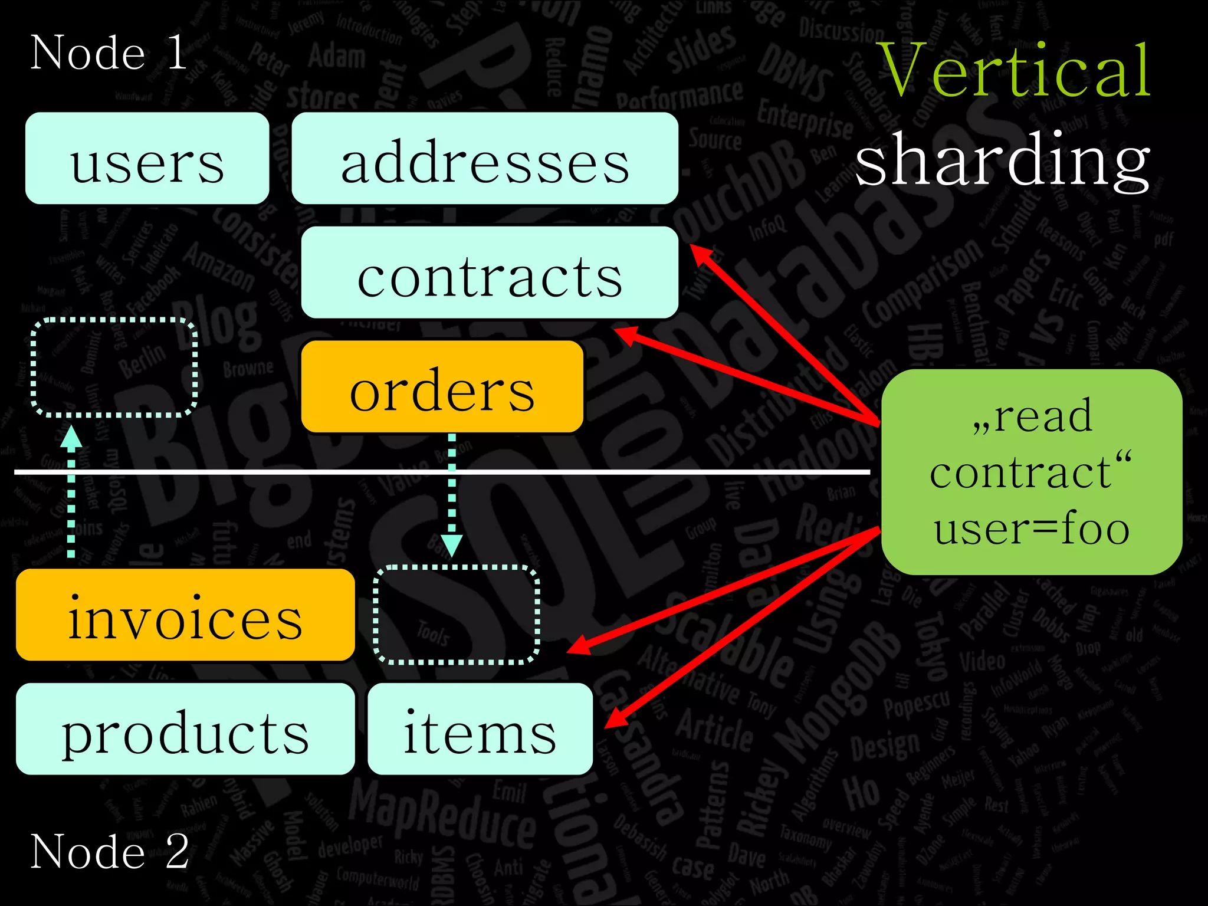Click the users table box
[147, 159]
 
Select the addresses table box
[485, 159]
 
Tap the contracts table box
[490, 273]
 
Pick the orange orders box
[442, 387]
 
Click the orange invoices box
[185, 615]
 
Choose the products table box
[185, 729]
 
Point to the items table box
[480, 729]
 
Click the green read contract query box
[1031, 472]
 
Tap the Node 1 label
[109, 53]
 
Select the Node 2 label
[109, 851]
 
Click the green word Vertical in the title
[1015, 71]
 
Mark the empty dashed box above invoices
[114, 367]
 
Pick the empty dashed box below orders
[456, 615]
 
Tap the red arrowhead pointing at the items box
[615, 721]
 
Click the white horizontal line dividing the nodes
[442, 472]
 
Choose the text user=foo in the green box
[1031, 528]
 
